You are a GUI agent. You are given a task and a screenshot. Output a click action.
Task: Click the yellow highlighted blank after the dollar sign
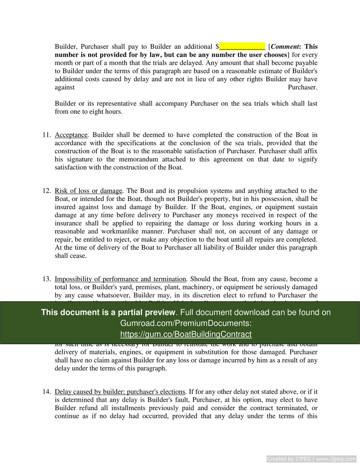click(x=242, y=47)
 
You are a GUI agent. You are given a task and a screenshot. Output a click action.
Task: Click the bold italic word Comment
click(x=285, y=47)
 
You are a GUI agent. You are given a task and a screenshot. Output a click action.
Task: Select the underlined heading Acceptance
click(x=71, y=135)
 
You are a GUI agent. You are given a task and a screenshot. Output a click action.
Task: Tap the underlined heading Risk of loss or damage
click(x=88, y=191)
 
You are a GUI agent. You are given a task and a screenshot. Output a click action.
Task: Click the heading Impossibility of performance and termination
click(x=120, y=279)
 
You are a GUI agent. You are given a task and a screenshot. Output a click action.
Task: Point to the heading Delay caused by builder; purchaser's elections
click(x=120, y=392)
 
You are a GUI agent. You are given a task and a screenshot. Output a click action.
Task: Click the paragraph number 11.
click(x=47, y=135)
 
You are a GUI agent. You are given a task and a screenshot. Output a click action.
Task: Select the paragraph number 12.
click(x=47, y=191)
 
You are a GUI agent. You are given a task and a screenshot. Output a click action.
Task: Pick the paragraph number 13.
click(x=47, y=279)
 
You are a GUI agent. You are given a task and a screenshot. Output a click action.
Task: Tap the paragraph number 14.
click(x=47, y=392)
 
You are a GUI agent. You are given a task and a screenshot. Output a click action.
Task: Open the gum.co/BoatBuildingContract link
click(x=186, y=334)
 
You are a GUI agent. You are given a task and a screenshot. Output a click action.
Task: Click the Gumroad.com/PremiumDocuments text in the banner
click(x=186, y=323)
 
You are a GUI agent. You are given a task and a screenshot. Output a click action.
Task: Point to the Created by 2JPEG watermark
click(x=311, y=459)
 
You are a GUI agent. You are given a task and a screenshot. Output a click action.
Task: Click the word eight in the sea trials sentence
click(x=95, y=112)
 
